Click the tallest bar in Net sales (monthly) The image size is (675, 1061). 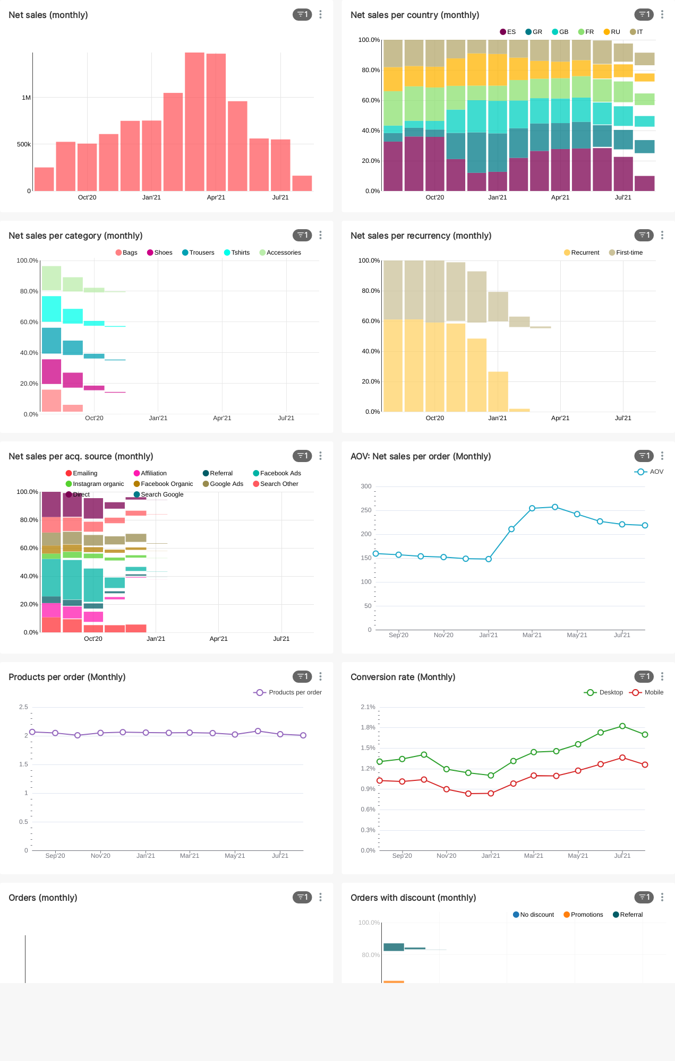(x=194, y=121)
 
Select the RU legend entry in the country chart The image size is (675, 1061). (x=612, y=32)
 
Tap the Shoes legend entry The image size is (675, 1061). (x=160, y=253)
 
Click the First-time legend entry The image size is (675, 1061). (x=626, y=253)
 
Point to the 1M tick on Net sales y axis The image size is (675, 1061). (x=26, y=98)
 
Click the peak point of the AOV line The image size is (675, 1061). (x=555, y=507)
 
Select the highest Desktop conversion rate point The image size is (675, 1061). (x=622, y=726)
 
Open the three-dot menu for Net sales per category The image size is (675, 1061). (x=321, y=235)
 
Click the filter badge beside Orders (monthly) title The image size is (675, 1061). (x=302, y=897)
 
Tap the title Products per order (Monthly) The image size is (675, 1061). (x=67, y=677)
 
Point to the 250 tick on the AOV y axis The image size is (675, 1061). (x=366, y=510)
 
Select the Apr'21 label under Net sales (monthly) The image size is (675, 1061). (x=216, y=197)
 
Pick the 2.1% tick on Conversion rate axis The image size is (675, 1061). (x=368, y=707)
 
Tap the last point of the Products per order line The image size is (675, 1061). (x=303, y=735)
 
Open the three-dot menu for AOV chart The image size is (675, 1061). (x=662, y=456)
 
